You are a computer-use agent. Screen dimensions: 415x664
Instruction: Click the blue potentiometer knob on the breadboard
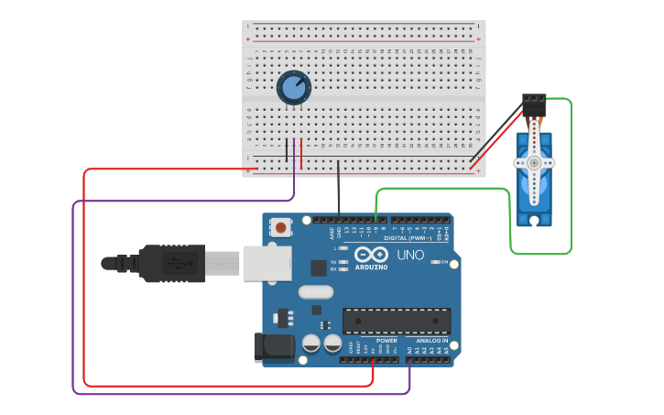pos(293,88)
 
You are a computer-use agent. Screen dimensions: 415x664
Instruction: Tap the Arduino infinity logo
pos(372,255)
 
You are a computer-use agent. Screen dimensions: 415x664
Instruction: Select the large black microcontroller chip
pos(397,321)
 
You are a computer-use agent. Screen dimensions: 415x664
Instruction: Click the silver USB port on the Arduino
pos(267,263)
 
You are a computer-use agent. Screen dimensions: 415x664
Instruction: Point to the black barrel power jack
pos(272,346)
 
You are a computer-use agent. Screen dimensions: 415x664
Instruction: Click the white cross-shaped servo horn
pos(534,163)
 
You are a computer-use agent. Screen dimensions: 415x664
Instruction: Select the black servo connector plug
pos(534,104)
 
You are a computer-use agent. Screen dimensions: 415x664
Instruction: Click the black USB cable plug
pos(169,263)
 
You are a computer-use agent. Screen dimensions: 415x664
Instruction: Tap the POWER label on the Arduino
pos(386,341)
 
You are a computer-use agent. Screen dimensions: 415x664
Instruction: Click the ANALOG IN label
pos(432,341)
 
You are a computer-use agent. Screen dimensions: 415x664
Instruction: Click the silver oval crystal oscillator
pos(315,292)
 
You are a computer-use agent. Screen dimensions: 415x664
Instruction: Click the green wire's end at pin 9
pos(376,220)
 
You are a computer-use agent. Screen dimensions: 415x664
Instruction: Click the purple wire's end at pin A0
pos(409,360)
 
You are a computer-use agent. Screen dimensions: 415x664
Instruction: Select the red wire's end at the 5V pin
pos(373,360)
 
